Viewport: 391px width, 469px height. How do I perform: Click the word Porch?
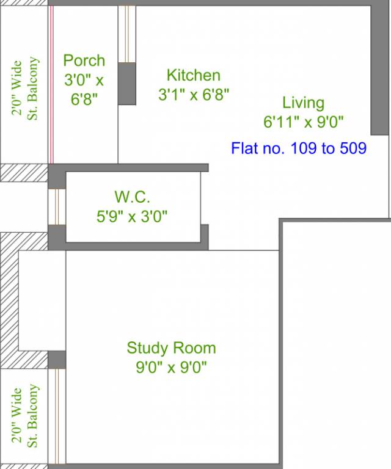coord(84,60)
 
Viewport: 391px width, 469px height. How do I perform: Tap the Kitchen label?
coord(194,75)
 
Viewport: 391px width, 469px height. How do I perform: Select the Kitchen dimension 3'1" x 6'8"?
coord(194,95)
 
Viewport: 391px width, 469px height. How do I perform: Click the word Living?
coord(304,103)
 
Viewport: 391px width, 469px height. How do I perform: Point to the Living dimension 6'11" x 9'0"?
coord(304,122)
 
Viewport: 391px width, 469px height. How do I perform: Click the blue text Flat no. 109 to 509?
coord(299,148)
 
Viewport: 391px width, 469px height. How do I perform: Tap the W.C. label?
coord(132,197)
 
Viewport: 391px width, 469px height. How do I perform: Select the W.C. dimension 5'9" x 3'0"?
coord(132,216)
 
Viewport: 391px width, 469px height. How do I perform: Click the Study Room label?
coord(171,348)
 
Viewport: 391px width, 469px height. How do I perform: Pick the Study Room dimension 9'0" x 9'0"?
coord(171,367)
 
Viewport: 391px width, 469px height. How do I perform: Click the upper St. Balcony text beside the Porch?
coord(32,89)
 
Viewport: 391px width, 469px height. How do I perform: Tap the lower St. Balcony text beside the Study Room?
coord(32,416)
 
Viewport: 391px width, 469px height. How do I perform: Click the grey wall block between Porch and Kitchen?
coord(127,84)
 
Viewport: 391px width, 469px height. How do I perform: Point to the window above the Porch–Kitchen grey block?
coord(127,34)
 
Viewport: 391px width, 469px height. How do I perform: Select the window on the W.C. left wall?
coord(57,206)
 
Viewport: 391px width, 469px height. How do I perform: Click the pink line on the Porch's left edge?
coord(51,85)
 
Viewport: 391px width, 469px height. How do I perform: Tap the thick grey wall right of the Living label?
coord(379,70)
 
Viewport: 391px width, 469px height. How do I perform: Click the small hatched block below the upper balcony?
coord(24,173)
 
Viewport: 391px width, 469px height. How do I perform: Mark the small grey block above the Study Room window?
coord(57,360)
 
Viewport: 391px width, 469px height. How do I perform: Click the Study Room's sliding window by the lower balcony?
coord(57,416)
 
